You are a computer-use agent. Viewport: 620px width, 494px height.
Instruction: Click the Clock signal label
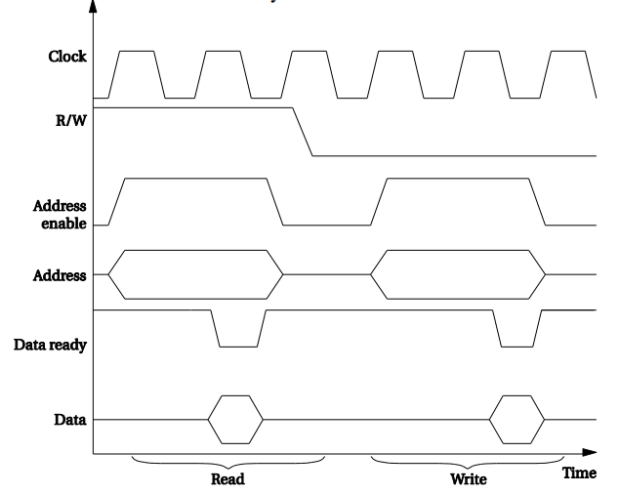67,58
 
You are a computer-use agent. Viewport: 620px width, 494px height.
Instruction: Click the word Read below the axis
227,479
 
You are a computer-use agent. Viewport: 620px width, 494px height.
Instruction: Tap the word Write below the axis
468,479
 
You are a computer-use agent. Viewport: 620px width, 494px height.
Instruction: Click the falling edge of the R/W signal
303,132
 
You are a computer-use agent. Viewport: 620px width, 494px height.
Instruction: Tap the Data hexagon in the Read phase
235,419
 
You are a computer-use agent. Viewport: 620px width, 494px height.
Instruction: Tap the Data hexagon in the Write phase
516,419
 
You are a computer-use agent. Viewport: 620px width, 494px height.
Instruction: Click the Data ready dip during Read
238,332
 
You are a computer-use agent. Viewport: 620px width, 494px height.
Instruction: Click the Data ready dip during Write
517,332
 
